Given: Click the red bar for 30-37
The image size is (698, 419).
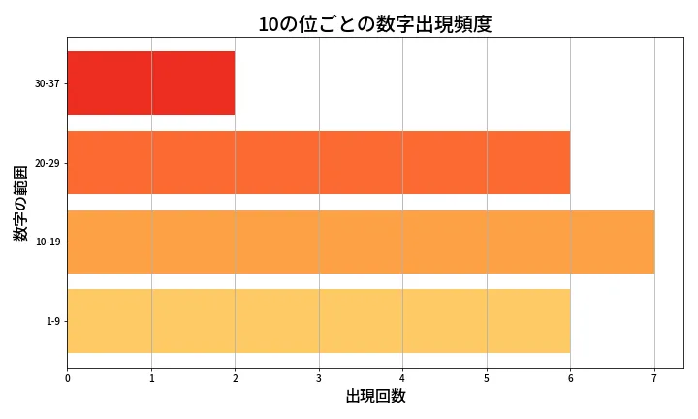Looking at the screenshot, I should point(150,83).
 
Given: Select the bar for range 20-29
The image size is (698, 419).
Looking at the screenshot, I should point(318,163).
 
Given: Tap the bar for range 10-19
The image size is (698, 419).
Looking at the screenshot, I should point(361,242).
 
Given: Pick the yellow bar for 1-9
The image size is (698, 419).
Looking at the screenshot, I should point(318,321).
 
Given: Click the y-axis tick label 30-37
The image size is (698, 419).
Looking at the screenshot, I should point(47,84).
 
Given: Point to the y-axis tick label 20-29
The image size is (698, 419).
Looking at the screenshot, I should point(47,163).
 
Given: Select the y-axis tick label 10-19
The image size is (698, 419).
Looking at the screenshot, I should point(47,242).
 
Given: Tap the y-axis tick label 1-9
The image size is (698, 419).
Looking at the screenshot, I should point(52,321).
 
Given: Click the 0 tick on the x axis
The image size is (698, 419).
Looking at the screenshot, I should point(67,378).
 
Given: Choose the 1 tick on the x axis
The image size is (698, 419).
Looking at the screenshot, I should point(151,378).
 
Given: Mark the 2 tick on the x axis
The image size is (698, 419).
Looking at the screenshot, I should point(235,378).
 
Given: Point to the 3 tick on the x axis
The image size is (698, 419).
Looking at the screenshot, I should point(319,378).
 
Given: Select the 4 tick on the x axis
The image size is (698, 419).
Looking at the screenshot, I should point(402,378).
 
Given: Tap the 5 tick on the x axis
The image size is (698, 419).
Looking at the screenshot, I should point(487,378).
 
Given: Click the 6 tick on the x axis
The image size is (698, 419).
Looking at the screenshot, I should point(570,378).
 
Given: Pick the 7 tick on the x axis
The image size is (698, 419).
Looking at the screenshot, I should point(654,378).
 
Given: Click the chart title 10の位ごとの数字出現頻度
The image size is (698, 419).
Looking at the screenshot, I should point(374,24).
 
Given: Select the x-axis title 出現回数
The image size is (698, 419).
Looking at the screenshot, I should point(375,397).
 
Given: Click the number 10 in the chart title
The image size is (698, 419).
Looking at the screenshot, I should point(269,24).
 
